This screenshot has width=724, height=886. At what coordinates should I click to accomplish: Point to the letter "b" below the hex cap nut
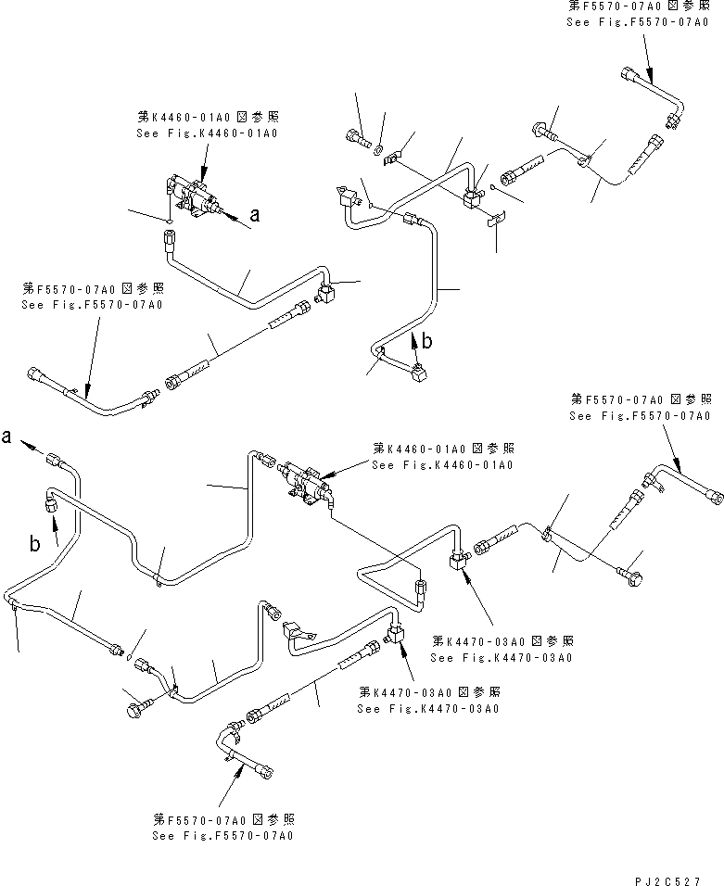(x=34, y=545)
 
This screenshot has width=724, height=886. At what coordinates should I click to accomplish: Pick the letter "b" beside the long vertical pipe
(x=426, y=341)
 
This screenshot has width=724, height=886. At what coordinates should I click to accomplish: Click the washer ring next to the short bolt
(x=378, y=146)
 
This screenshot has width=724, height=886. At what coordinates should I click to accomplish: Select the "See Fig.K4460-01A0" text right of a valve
(x=441, y=464)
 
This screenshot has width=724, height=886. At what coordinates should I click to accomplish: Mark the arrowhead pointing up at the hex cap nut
(x=53, y=521)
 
